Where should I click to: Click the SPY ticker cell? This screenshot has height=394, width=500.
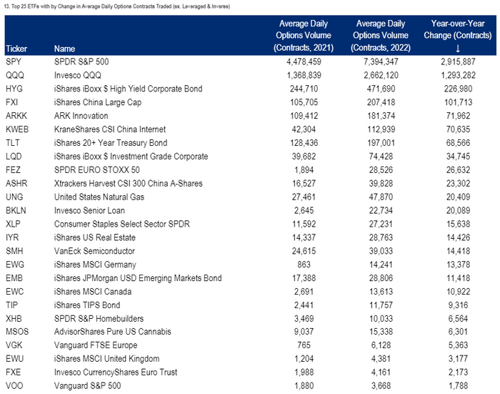[14, 61]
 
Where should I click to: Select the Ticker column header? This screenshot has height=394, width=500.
[16, 49]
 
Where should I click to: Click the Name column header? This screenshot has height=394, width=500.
[64, 49]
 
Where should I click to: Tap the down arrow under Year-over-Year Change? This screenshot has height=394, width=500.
[458, 49]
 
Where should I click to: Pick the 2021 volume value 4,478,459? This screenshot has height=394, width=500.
[304, 61]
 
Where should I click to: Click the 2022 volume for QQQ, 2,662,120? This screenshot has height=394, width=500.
[381, 75]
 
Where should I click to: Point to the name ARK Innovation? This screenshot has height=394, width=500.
[81, 116]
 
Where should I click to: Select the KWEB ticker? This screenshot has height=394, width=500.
[17, 129]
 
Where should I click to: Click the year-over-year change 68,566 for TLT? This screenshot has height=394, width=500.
[458, 143]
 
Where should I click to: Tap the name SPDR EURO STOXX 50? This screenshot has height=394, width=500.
[97, 170]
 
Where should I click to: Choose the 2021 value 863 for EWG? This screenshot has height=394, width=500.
[304, 265]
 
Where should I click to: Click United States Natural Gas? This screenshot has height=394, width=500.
[99, 197]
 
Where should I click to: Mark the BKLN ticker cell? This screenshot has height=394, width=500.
[16, 210]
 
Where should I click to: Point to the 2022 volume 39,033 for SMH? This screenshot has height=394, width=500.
[381, 251]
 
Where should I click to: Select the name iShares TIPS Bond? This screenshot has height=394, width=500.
[87, 305]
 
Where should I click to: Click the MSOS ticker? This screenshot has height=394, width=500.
[17, 332]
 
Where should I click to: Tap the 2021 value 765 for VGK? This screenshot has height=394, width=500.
[304, 345]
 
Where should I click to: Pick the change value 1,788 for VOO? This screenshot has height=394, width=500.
[458, 385]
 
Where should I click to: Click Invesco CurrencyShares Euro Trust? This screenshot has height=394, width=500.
[116, 373]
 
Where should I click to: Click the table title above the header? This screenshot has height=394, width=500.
[117, 6]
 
